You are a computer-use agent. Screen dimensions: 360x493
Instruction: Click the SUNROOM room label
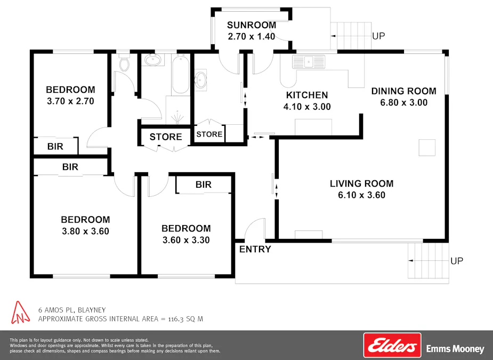(x=252, y=25)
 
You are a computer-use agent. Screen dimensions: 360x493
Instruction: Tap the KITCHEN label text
(x=307, y=95)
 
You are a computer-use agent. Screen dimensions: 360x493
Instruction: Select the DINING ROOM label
(x=403, y=91)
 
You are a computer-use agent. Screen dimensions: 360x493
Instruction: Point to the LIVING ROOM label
(x=361, y=183)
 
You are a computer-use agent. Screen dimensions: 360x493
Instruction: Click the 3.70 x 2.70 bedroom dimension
(x=70, y=101)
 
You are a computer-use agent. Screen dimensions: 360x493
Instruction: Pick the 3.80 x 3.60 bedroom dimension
(x=85, y=231)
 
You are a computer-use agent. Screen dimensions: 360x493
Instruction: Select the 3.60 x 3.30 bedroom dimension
(x=185, y=240)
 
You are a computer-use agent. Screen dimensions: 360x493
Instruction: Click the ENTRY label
(x=255, y=249)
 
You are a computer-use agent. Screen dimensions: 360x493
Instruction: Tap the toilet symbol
(x=124, y=64)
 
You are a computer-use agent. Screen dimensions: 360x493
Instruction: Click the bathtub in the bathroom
(x=180, y=75)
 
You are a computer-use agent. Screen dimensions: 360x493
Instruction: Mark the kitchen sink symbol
(x=309, y=62)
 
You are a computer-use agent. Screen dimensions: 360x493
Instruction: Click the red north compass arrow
(x=20, y=313)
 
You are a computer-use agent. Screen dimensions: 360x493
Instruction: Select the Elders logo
(x=392, y=345)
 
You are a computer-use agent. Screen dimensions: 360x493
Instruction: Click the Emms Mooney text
(x=455, y=349)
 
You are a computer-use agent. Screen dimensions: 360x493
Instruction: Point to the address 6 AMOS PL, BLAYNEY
(x=71, y=309)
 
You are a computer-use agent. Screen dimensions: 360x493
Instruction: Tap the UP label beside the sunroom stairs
(x=378, y=36)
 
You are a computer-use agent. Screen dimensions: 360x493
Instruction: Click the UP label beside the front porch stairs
(x=457, y=261)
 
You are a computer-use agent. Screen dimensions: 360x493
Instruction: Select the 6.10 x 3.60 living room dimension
(x=361, y=195)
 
